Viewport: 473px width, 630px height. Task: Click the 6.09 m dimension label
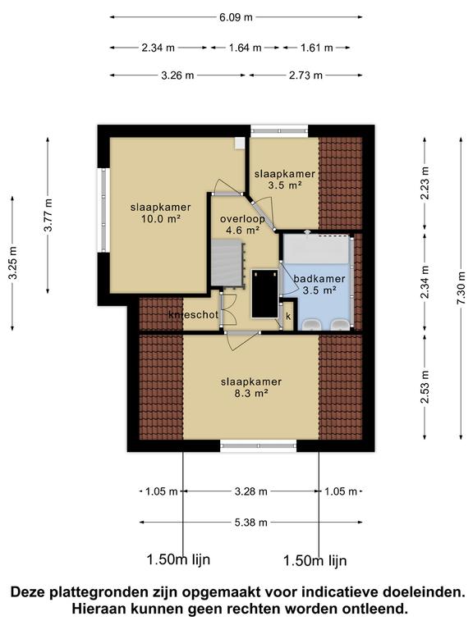[x=236, y=17]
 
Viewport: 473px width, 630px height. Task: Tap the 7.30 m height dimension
[x=462, y=288]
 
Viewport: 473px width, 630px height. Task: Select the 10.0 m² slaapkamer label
[x=160, y=213]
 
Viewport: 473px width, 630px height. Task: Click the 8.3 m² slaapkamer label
[x=251, y=387]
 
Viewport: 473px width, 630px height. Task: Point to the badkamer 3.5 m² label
[x=319, y=284]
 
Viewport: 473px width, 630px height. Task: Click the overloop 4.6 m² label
[x=242, y=225]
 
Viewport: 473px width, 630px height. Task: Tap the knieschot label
[x=194, y=315]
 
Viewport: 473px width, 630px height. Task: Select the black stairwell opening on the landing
[x=264, y=294]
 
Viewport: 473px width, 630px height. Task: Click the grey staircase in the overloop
[x=227, y=263]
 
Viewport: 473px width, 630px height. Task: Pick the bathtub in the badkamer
[x=316, y=249]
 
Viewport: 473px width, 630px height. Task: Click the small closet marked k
[x=288, y=316]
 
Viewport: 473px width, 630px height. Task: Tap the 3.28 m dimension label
[x=251, y=491]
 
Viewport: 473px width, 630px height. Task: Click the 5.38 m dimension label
[x=251, y=523]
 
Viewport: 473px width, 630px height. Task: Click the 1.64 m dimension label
[x=246, y=48]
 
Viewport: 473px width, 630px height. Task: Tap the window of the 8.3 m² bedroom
[x=258, y=445]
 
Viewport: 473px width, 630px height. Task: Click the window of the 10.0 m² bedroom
[x=103, y=210]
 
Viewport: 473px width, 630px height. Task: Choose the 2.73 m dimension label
[x=305, y=75]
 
